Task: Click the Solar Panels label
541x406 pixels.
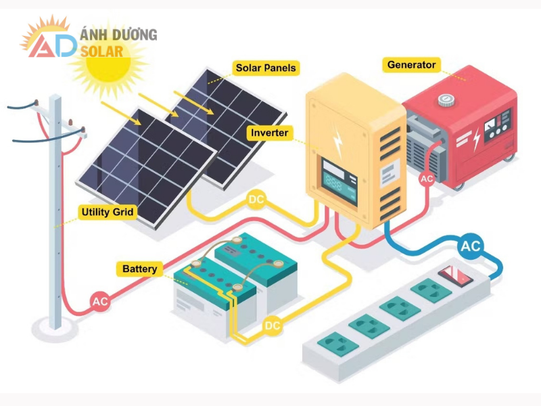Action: point(266,68)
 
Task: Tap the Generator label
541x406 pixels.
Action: point(411,65)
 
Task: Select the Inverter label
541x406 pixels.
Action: point(270,133)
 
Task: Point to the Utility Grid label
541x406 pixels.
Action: point(108,212)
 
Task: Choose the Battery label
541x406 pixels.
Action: point(140,269)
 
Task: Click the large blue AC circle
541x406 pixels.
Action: point(470,247)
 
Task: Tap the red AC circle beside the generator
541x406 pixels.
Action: point(427,179)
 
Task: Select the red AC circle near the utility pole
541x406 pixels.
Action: point(100,302)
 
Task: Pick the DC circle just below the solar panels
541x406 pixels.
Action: point(256,200)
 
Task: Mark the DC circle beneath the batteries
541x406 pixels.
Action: point(273,326)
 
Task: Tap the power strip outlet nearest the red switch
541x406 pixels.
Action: point(427,291)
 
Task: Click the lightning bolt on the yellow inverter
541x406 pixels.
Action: point(337,139)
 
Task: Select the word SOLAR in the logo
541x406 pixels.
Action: point(101,51)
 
